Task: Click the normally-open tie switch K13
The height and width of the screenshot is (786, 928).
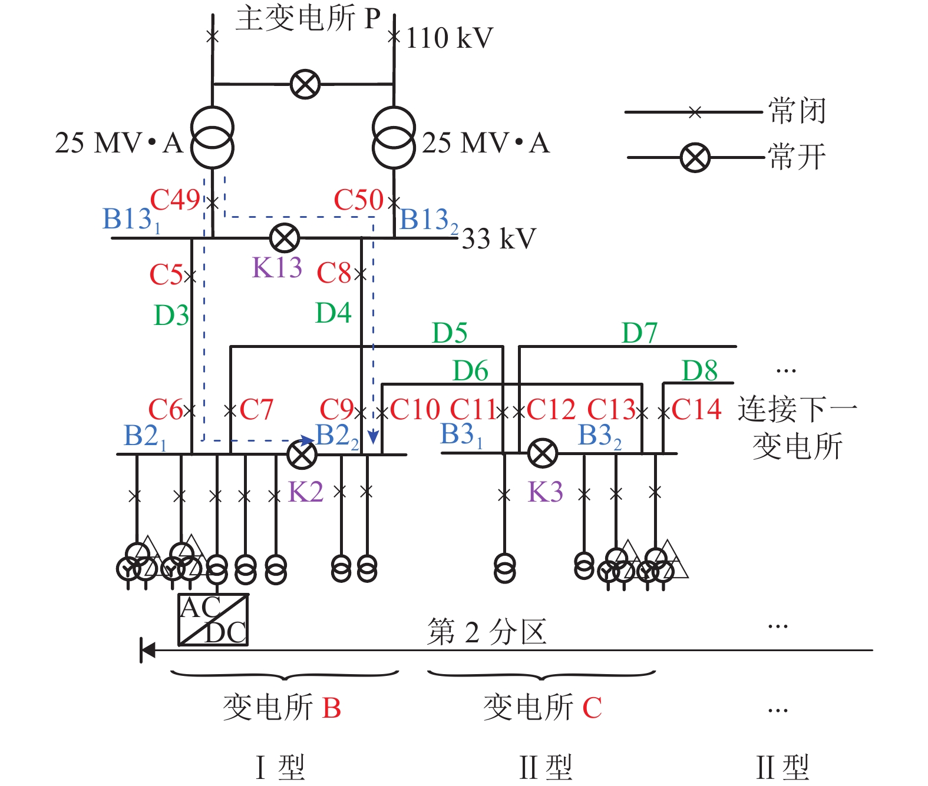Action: [285, 238]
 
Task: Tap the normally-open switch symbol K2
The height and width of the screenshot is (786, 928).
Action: [302, 454]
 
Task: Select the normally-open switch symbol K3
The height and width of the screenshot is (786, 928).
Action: [542, 453]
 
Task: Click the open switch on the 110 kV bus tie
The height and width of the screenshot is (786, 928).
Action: [305, 84]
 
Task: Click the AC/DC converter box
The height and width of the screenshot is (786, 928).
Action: [213, 620]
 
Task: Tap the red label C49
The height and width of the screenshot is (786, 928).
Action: [175, 200]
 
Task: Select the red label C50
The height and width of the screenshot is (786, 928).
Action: [358, 200]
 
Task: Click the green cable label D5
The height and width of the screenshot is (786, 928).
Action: [450, 333]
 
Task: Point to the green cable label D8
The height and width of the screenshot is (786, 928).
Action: [699, 371]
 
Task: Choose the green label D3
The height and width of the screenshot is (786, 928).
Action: [171, 316]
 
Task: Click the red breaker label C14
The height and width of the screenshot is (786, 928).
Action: [696, 409]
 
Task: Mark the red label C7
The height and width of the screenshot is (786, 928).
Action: [256, 409]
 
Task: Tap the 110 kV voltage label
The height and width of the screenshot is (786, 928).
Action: [449, 39]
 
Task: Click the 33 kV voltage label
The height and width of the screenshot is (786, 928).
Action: [498, 239]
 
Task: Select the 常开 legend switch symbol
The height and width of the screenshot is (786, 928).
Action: [695, 158]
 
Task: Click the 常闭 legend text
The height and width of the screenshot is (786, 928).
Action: [797, 111]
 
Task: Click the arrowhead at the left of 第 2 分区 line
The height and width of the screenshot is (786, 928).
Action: [147, 651]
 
